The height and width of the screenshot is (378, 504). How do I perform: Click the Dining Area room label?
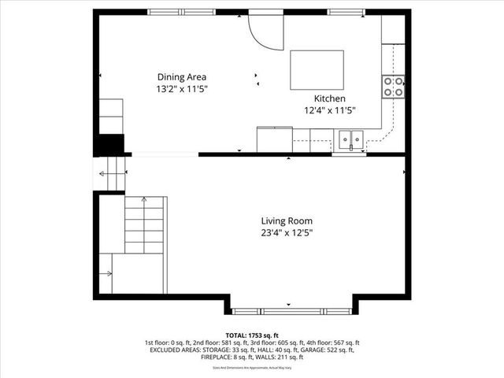tap(181, 77)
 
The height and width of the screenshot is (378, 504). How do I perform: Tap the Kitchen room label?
tap(330, 98)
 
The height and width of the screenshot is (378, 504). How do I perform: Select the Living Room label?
tap(287, 221)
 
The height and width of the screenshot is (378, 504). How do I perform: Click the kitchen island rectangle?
tap(317, 70)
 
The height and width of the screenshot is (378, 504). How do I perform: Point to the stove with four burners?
tap(393, 86)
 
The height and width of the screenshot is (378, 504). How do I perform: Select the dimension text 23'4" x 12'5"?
tap(287, 233)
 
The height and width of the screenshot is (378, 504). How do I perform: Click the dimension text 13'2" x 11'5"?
tap(181, 89)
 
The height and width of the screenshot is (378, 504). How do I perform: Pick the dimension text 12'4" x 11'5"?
tap(330, 110)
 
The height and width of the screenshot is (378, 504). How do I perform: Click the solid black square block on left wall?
tap(109, 145)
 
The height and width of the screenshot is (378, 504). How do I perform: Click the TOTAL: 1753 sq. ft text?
tap(251, 335)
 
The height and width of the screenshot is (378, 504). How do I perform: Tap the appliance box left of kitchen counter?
tap(273, 139)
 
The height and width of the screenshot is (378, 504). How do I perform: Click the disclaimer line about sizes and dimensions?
tap(251, 368)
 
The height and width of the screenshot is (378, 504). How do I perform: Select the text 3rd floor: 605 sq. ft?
tap(281, 343)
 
